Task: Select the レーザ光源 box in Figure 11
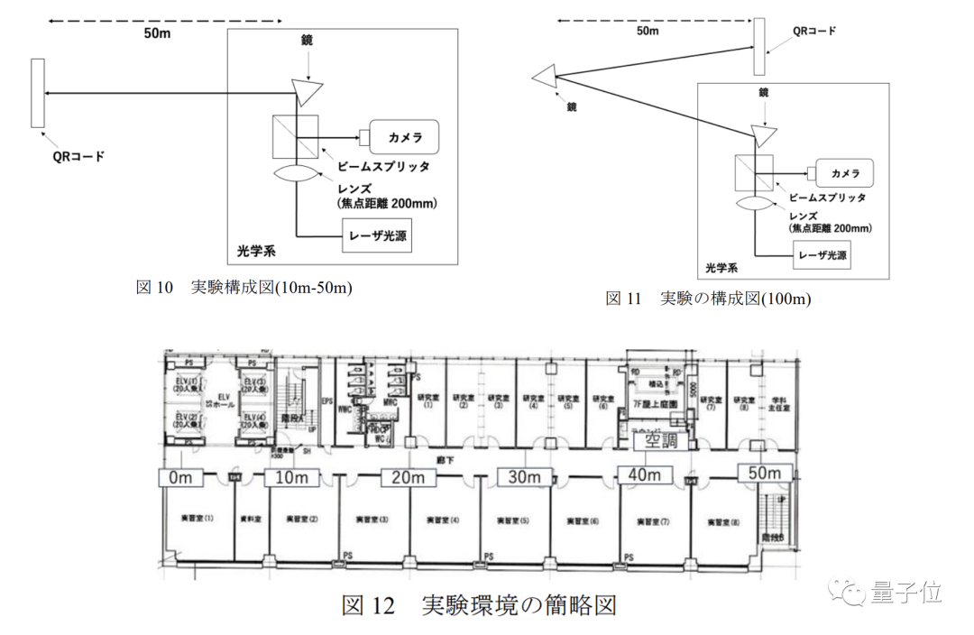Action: pyautogui.click(x=820, y=254)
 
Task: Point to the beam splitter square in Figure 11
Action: pyautogui.click(x=754, y=170)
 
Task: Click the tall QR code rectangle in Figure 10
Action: pyautogui.click(x=37, y=94)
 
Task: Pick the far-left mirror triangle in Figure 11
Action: pyautogui.click(x=546, y=78)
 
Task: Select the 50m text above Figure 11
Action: pyautogui.click(x=648, y=31)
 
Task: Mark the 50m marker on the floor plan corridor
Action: pyautogui.click(x=765, y=473)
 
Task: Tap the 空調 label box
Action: pyautogui.click(x=658, y=442)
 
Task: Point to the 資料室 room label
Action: pyautogui.click(x=250, y=520)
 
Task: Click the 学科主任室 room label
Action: pyautogui.click(x=773, y=401)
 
